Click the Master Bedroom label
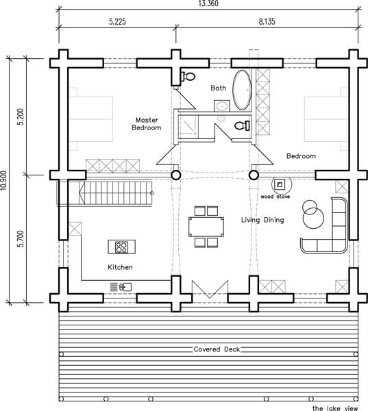147,124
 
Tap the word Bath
218,88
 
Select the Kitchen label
120,267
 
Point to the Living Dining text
262,220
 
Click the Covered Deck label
217,349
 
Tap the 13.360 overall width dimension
208,3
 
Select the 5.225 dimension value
117,21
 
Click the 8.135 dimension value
267,21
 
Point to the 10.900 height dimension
3,181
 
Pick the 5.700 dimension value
21,239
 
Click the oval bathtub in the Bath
243,90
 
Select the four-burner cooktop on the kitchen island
121,247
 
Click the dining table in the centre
206,227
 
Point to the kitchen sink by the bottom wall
125,287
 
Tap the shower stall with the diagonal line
188,127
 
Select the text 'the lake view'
335,408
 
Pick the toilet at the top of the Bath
188,77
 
